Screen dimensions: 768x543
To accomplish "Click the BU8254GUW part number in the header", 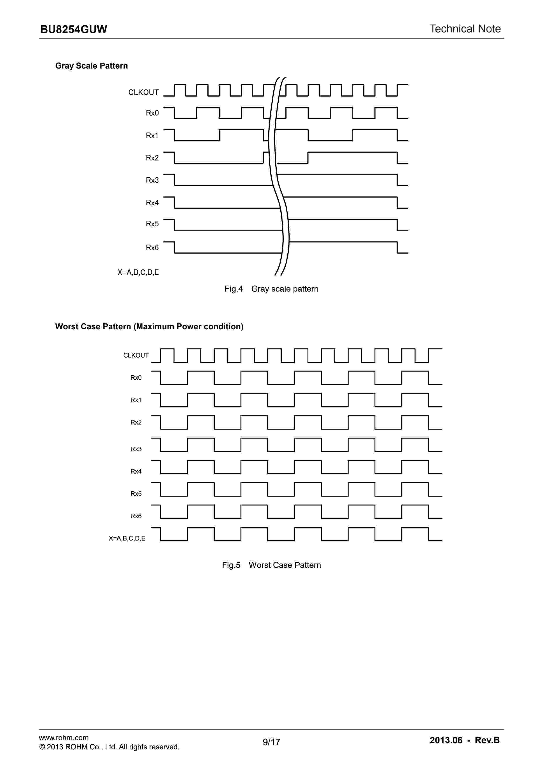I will click(x=74, y=29).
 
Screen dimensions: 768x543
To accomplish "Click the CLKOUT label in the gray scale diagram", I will click(x=143, y=92).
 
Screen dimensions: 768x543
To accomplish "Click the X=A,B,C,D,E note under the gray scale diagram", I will click(x=138, y=272).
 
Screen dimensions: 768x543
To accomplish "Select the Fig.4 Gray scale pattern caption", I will click(x=271, y=289).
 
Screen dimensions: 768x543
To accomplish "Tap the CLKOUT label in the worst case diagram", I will click(x=136, y=355).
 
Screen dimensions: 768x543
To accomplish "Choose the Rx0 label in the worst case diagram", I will click(x=136, y=378).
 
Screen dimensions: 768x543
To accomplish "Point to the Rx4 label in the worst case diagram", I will click(x=136, y=471).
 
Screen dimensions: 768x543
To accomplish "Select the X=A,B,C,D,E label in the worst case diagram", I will click(x=127, y=538).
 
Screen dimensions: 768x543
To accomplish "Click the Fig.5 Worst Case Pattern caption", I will click(x=271, y=565).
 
